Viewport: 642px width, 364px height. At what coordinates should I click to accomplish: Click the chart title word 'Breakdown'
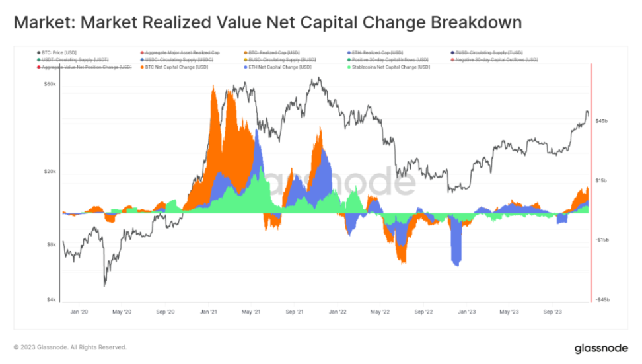476,23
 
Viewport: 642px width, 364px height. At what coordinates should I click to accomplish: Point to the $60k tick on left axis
50,84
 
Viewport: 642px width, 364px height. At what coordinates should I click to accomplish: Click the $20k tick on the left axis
50,171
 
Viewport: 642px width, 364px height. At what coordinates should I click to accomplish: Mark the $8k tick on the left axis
51,244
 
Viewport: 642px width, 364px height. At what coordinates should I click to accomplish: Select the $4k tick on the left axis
51,300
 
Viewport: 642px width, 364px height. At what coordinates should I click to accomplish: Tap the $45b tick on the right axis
601,121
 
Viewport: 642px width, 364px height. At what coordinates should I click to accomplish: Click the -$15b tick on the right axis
601,240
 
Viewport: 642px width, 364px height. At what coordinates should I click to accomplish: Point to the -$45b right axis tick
601,300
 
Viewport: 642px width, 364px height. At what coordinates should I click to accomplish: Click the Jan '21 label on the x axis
210,310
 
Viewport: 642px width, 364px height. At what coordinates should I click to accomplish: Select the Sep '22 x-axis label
423,310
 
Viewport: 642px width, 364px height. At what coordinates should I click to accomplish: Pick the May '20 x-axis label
122,310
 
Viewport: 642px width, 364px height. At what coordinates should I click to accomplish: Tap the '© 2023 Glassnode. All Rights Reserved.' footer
70,347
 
